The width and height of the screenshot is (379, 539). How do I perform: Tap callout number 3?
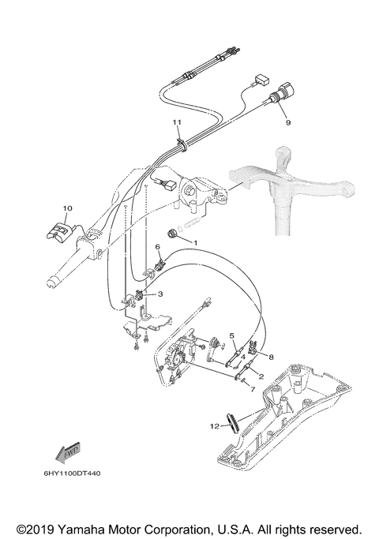161,294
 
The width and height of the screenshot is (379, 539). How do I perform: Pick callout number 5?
232,335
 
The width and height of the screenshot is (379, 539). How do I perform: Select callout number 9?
288,123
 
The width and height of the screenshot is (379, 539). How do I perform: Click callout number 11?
178,122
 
